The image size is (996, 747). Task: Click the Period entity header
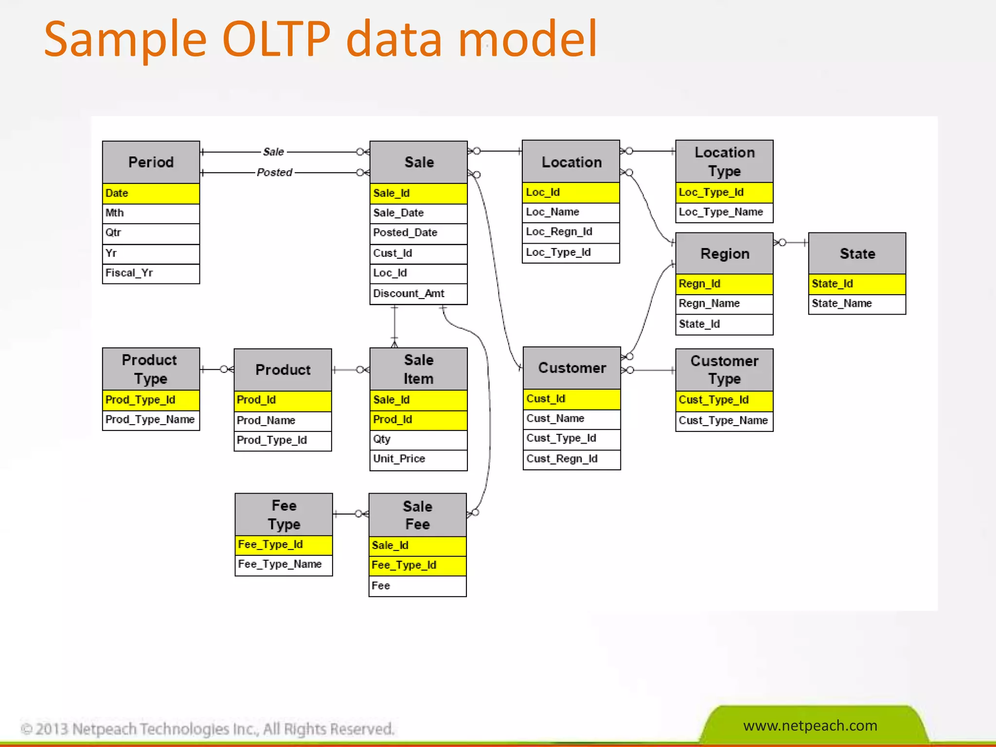(x=151, y=162)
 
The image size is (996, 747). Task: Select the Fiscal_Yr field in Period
(x=151, y=273)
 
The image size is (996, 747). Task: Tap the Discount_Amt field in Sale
(x=418, y=294)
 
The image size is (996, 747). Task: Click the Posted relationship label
(x=275, y=172)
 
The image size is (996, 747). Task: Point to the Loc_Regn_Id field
(x=570, y=232)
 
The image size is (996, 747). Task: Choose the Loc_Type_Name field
(x=724, y=212)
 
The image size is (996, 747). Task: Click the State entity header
(x=857, y=253)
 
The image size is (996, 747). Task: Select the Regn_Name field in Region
(x=724, y=303)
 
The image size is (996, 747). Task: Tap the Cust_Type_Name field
(x=724, y=420)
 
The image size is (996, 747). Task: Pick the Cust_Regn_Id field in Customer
(x=571, y=459)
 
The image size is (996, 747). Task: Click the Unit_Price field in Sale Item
(x=418, y=459)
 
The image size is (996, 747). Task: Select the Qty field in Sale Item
(x=418, y=439)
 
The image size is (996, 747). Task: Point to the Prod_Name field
(x=282, y=420)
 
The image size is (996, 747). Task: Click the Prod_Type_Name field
(x=151, y=419)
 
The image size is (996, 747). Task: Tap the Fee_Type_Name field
(x=283, y=564)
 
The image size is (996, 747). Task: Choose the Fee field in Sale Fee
(x=417, y=586)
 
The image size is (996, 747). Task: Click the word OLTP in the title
(x=276, y=39)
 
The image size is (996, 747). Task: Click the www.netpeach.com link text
(x=810, y=725)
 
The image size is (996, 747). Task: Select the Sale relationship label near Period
(x=273, y=152)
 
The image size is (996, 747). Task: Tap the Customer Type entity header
(x=724, y=370)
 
